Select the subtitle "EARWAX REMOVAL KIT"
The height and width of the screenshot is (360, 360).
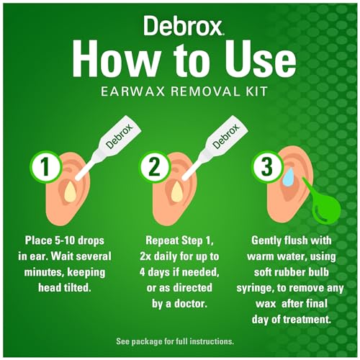click(180, 90)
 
